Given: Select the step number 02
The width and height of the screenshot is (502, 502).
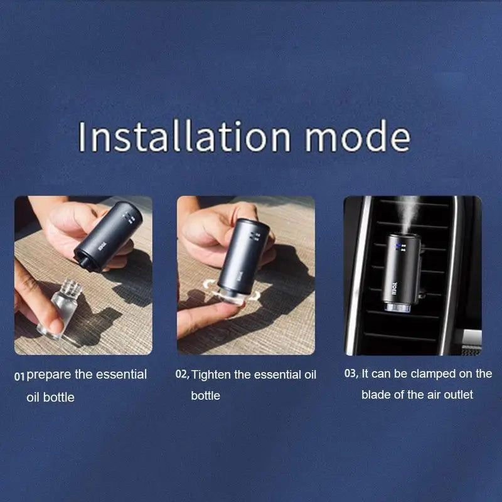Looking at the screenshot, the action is pyautogui.click(x=182, y=374).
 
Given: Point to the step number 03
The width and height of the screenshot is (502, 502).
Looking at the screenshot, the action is pyautogui.click(x=351, y=373).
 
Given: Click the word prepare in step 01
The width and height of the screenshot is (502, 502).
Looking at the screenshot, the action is pyautogui.click(x=49, y=375).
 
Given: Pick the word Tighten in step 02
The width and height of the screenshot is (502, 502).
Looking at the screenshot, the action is pyautogui.click(x=211, y=375).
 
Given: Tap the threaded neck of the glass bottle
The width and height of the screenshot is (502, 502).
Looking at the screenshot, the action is pyautogui.click(x=72, y=287).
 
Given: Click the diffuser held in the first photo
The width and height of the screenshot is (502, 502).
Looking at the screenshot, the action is pyautogui.click(x=107, y=237).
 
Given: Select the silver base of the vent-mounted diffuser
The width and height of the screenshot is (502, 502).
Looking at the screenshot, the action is pyautogui.click(x=398, y=307).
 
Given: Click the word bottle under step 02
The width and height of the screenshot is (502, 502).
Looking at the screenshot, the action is pyautogui.click(x=206, y=396).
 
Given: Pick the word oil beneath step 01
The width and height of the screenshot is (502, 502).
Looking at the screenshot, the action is pyautogui.click(x=33, y=397).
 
